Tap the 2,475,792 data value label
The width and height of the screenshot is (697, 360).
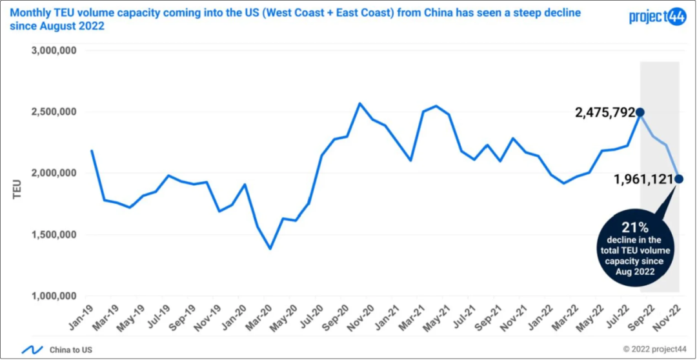605,113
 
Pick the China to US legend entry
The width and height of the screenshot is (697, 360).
71,350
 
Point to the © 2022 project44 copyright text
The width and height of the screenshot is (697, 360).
655,349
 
